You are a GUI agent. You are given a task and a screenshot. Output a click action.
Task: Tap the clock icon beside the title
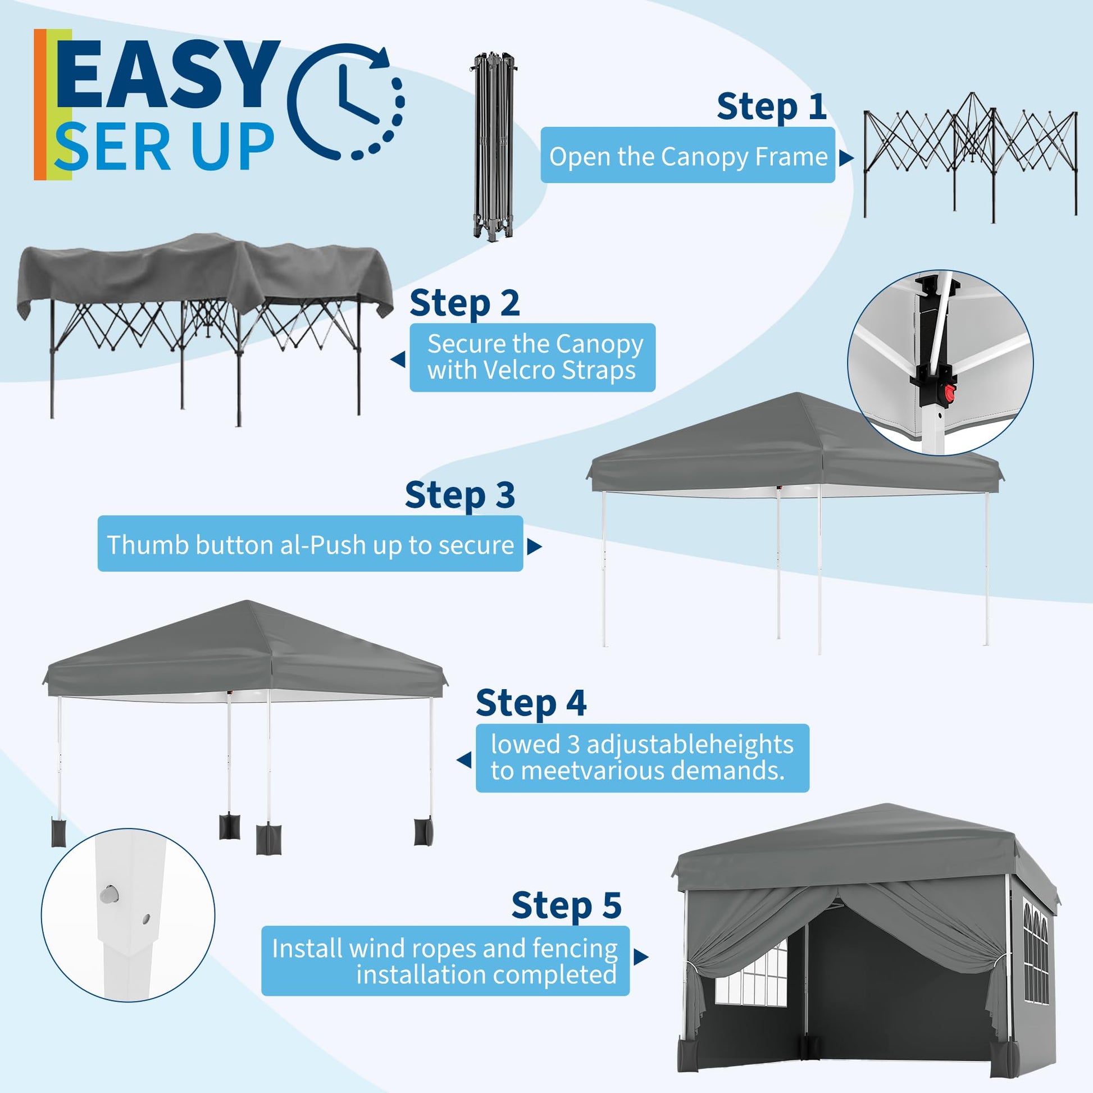[x=346, y=102]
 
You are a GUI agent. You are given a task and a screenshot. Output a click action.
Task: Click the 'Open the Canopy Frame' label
[x=687, y=156]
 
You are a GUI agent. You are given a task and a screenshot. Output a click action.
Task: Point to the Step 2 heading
[x=464, y=303]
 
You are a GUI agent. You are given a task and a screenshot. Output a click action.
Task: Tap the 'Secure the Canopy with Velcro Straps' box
[x=532, y=358]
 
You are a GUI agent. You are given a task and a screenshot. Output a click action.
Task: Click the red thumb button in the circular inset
[x=949, y=391]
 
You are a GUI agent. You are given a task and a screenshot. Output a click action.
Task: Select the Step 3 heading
[x=459, y=495]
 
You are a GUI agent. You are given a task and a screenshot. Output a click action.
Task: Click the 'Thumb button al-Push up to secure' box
[x=310, y=544]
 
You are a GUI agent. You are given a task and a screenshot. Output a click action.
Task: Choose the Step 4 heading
[x=531, y=703]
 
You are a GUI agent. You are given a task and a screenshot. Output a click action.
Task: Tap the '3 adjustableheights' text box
[x=642, y=758]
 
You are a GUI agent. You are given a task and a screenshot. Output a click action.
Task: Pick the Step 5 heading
[x=566, y=906]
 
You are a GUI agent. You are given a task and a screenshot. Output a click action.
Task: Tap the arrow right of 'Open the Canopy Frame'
[x=846, y=158]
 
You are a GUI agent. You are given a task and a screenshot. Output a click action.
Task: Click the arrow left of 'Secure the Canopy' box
[x=398, y=359]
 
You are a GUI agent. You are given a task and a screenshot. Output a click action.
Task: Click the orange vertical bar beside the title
[x=40, y=104]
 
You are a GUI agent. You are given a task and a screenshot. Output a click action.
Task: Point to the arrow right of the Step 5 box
[x=640, y=957]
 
